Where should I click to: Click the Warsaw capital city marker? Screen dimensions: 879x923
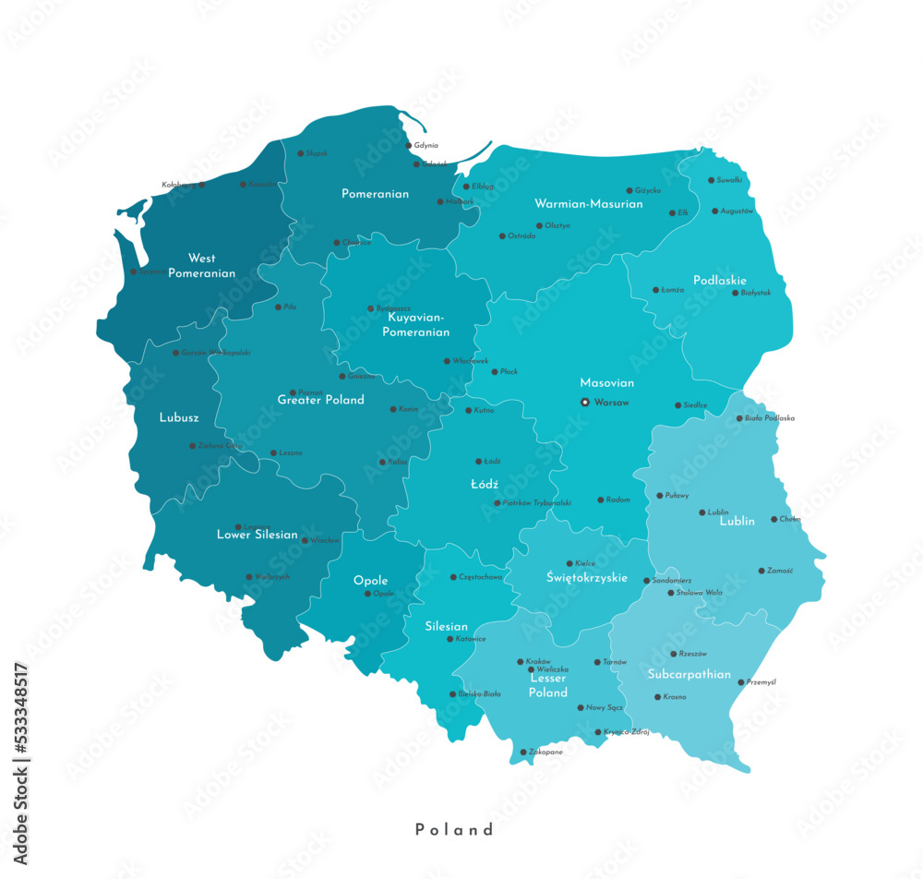tap(584, 402)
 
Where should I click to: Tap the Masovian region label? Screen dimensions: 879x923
tap(606, 382)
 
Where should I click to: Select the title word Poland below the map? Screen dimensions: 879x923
tap(454, 829)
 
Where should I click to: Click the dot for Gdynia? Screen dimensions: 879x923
tap(409, 145)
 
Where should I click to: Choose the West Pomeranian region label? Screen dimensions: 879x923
tap(202, 266)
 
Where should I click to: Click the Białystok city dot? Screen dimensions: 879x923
tap(736, 293)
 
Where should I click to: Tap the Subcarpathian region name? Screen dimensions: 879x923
tap(689, 674)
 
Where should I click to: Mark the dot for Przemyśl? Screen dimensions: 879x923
tap(740, 682)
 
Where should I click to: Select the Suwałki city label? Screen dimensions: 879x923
tap(729, 180)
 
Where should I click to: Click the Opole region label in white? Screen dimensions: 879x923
tap(370, 581)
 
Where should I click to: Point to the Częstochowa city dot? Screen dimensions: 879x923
tap(452, 577)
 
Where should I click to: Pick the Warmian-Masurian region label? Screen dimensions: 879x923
tap(588, 203)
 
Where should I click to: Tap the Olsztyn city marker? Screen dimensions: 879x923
tap(539, 225)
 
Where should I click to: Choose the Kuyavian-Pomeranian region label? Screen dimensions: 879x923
tap(418, 324)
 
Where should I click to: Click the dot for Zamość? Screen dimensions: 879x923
tap(761, 571)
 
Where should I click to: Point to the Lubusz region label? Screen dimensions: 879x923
tap(179, 417)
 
